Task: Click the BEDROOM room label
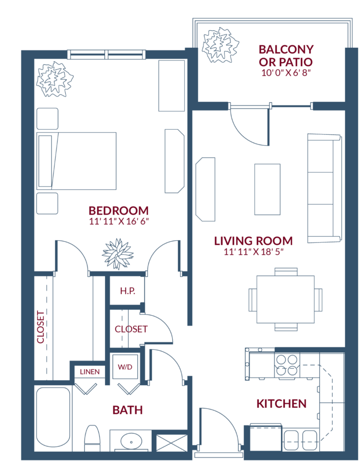119,211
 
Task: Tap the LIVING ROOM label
254,241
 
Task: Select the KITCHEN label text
281,404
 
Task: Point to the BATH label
128,410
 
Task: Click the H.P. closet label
128,291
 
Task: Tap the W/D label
125,367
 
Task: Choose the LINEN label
89,372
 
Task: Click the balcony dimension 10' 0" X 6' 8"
286,73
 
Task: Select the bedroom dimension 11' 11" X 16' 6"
119,221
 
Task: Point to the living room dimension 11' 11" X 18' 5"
254,252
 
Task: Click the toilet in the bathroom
92,438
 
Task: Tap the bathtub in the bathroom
53,417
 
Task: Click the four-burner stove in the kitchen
286,365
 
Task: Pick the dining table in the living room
285,299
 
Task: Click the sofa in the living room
325,188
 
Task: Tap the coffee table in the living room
267,189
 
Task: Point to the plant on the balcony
220,45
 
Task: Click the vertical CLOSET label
41,327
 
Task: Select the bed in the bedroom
76,160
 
